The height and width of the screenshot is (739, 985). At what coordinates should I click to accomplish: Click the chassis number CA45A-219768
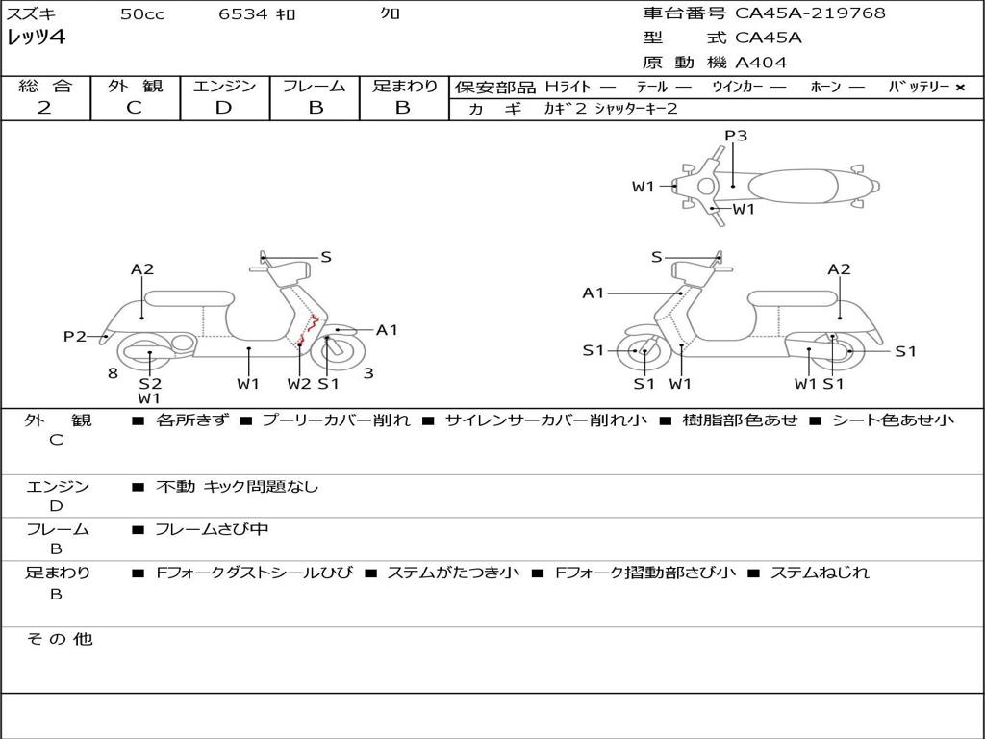tap(810, 13)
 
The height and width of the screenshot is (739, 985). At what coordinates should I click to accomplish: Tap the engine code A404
tap(761, 63)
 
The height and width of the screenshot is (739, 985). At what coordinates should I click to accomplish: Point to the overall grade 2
tap(44, 108)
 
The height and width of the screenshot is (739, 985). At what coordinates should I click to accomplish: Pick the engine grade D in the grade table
tap(223, 108)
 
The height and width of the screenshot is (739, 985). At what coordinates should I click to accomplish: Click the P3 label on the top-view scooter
tap(736, 136)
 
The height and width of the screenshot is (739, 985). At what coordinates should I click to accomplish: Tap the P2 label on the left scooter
tap(75, 336)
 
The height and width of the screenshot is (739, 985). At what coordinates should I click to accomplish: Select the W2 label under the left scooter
tap(299, 384)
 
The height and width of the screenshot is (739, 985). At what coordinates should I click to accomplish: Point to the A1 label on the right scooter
tap(594, 293)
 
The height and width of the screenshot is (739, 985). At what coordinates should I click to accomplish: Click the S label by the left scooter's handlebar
tap(326, 257)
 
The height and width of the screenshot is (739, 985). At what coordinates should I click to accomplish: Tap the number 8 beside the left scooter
tap(113, 373)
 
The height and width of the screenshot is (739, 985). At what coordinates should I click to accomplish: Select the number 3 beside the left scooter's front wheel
tap(367, 373)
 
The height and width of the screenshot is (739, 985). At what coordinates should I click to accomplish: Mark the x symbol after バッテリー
tap(959, 87)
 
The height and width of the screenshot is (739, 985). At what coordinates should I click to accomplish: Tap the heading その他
tap(60, 639)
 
